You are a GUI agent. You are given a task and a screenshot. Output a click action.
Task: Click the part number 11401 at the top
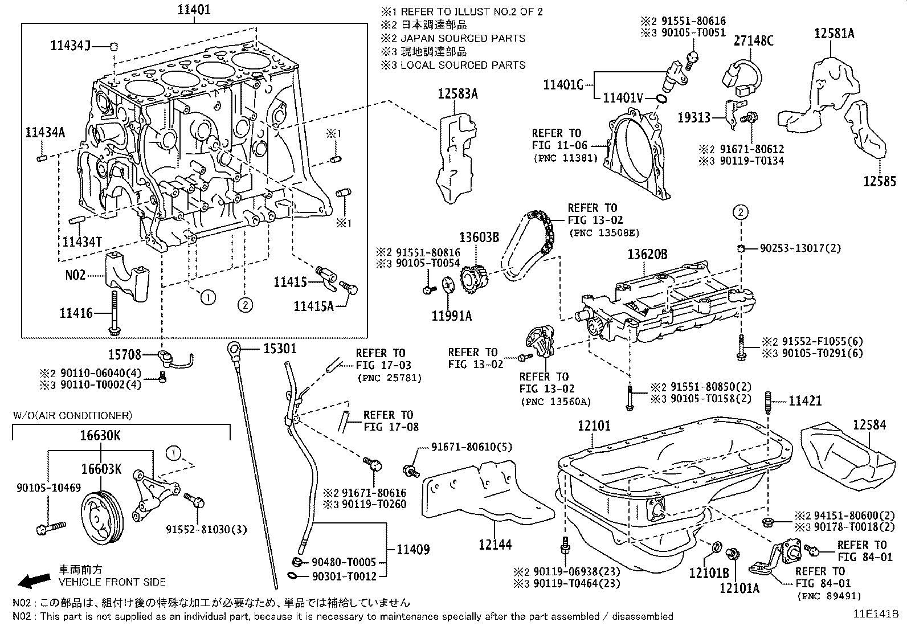coord(194,10)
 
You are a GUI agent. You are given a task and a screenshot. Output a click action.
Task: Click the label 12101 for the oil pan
coord(594,425)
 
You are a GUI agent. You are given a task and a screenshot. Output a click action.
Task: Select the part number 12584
coord(869,425)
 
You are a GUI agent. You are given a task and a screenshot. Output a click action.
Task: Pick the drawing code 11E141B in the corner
coord(875,614)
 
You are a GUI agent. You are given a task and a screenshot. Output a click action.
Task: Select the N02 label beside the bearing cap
coord(75,275)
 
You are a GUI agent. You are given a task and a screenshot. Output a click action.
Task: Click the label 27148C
coord(753,40)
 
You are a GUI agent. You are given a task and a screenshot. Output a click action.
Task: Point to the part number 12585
coord(880,182)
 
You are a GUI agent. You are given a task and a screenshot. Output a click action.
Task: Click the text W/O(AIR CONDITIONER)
coord(72,415)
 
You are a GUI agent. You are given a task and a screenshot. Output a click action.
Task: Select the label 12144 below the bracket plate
coord(495,545)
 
